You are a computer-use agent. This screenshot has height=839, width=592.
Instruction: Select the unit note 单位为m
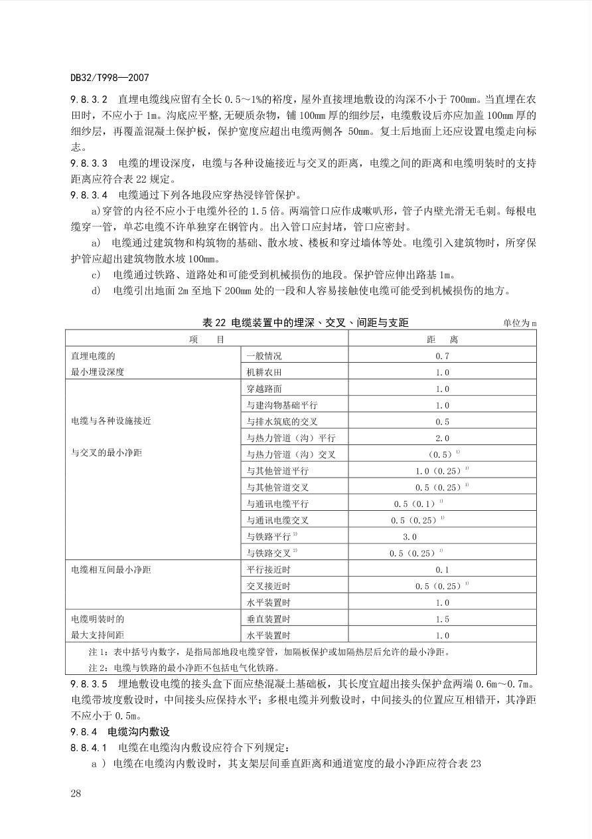pyautogui.click(x=520, y=324)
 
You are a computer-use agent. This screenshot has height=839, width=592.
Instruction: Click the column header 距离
pyautogui.click(x=442, y=339)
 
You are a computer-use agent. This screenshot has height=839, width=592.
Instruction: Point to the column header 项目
pyautogui.click(x=206, y=339)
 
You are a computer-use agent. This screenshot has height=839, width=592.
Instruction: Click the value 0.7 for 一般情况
pyautogui.click(x=442, y=356)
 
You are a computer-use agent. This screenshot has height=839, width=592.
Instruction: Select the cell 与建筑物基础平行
pyautogui.click(x=282, y=405)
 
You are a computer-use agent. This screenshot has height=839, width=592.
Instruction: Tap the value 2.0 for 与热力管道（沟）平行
pyautogui.click(x=442, y=438)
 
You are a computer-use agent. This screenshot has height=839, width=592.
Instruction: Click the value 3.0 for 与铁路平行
pyautogui.click(x=409, y=537)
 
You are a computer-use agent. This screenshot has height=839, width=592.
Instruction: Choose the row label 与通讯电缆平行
pyautogui.click(x=277, y=504)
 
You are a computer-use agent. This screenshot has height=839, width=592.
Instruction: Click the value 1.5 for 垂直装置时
pyautogui.click(x=442, y=619)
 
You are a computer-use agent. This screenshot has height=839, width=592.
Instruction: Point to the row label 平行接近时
pyautogui.click(x=269, y=570)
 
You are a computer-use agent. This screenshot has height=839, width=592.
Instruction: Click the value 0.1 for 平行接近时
pyautogui.click(x=442, y=570)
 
